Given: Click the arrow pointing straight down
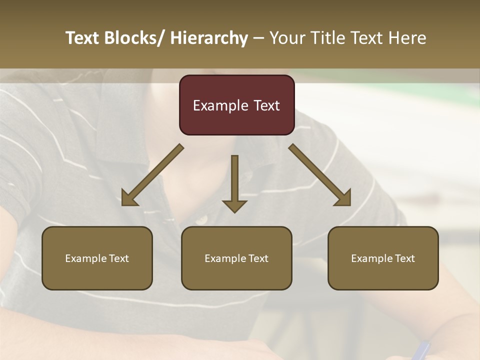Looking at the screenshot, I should pyautogui.click(x=234, y=182).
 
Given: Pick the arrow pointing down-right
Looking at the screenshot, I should pyautogui.click(x=320, y=175).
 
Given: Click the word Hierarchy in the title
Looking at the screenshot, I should pyautogui.click(x=209, y=38).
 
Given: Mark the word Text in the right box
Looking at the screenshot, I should pyautogui.click(x=405, y=258).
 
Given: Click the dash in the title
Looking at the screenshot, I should pyautogui.click(x=258, y=38).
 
